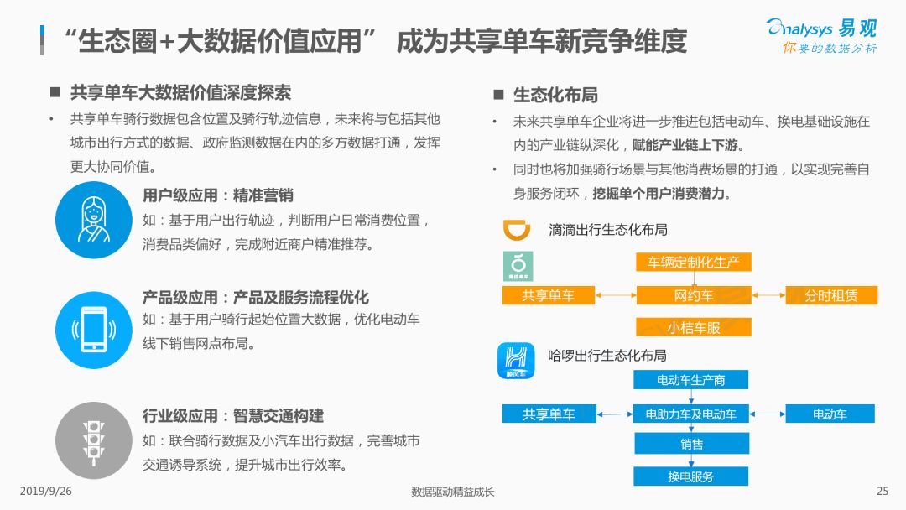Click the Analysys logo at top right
[x=821, y=35]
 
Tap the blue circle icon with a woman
[x=94, y=220]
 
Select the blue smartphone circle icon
[x=94, y=330]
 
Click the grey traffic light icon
[x=94, y=440]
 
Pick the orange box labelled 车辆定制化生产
[x=694, y=263]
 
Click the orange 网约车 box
[x=694, y=295]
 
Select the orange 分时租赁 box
[x=831, y=295]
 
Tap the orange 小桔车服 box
[x=694, y=327]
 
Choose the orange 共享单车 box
[x=549, y=295]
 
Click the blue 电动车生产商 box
[x=691, y=380]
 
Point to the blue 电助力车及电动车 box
[x=691, y=414]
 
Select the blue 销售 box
[x=691, y=444]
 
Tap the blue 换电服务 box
[x=691, y=476]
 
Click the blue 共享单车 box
[x=549, y=414]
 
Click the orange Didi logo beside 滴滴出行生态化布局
[x=517, y=229]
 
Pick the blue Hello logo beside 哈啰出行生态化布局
[x=515, y=361]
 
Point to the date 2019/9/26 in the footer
[x=45, y=491]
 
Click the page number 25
[x=883, y=491]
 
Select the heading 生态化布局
[x=555, y=96]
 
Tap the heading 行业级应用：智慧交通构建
[x=233, y=416]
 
